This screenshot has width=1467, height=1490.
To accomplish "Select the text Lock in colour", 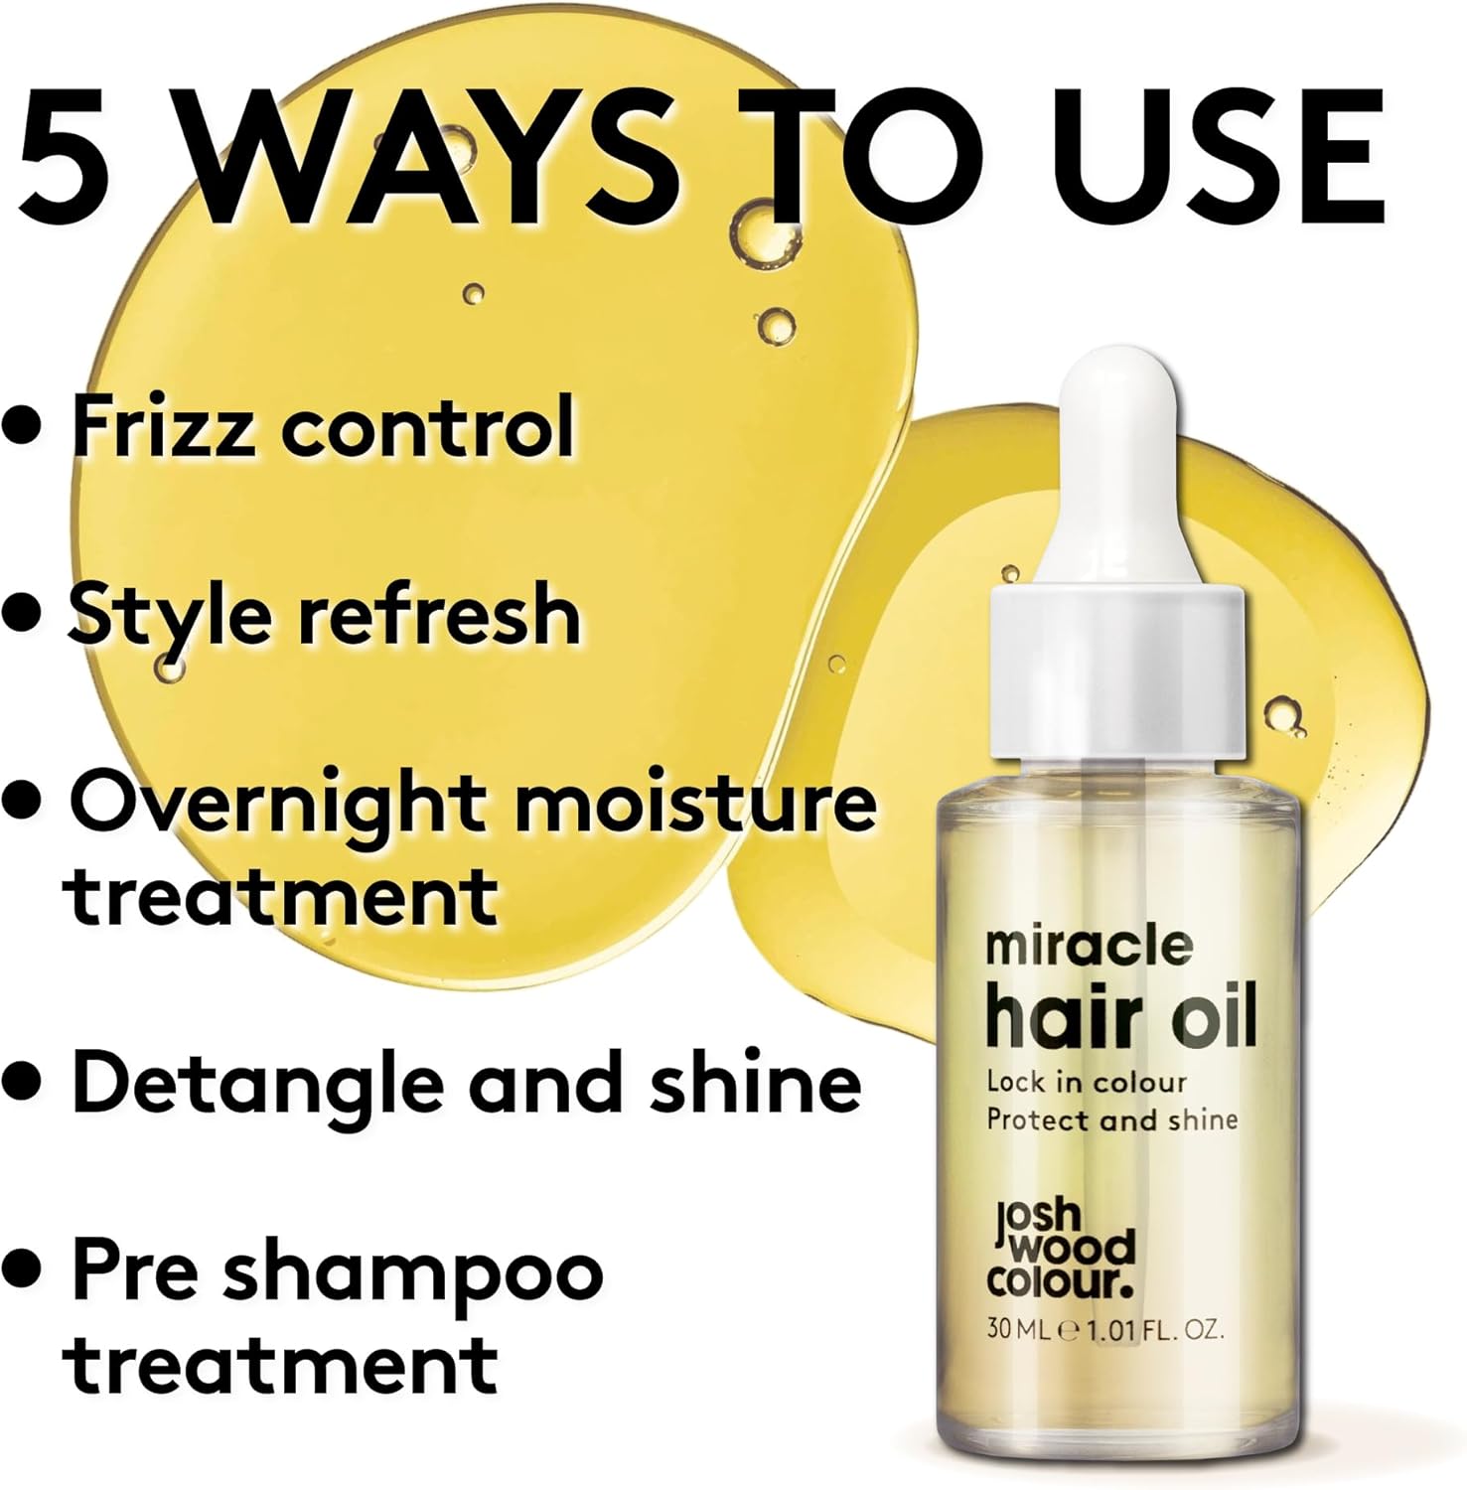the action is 1087,1082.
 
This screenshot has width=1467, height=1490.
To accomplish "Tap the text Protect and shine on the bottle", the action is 1112,1120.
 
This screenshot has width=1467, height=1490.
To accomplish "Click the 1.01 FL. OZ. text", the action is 1155,1329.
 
